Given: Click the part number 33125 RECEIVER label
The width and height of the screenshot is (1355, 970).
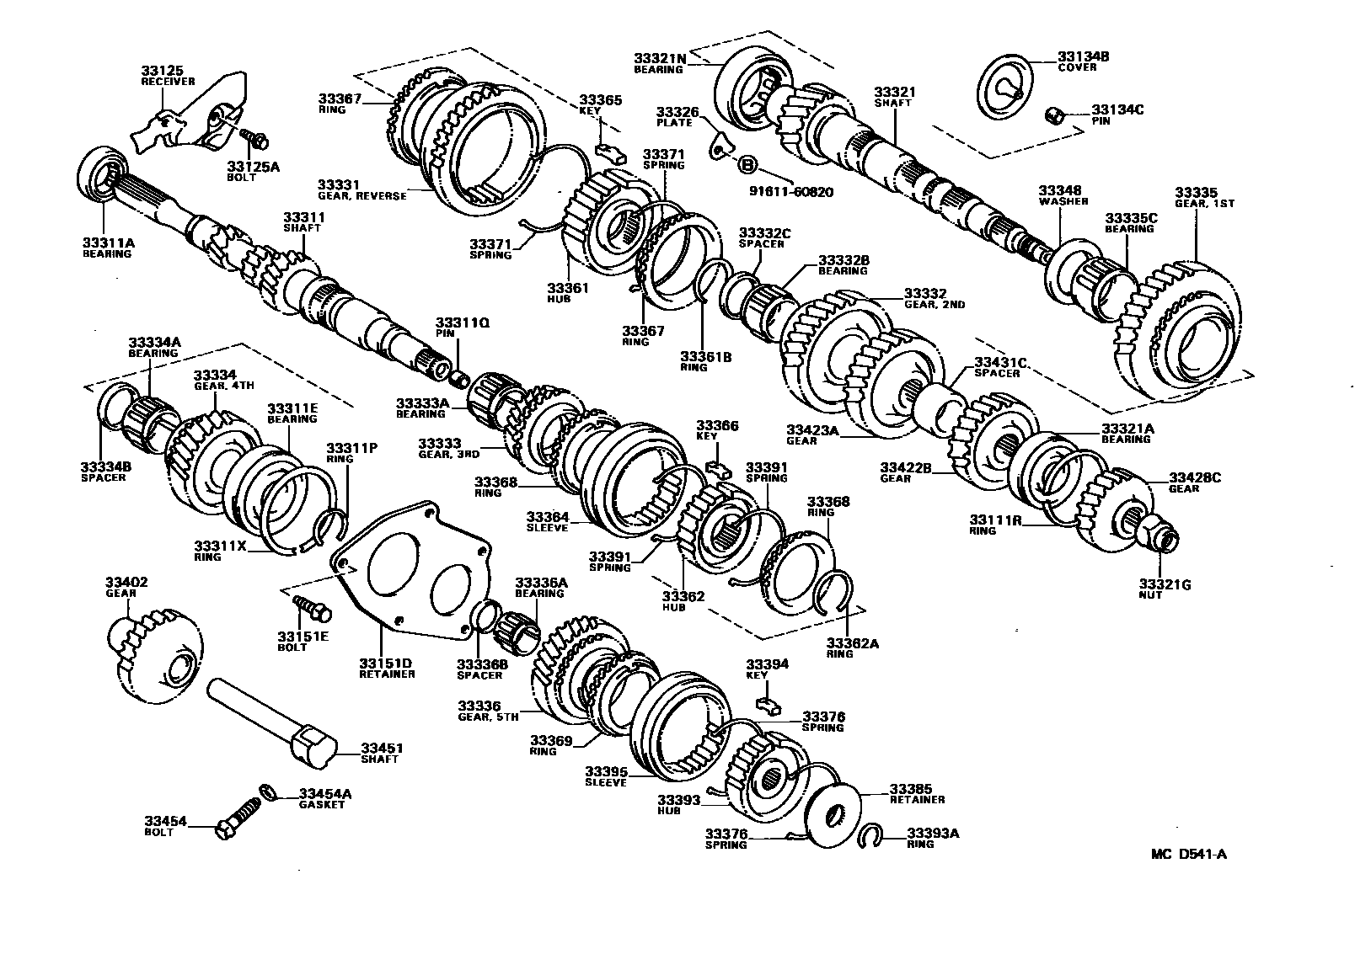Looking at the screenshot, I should pyautogui.click(x=167, y=76).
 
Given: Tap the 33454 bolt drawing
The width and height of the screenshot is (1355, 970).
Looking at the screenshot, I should pyautogui.click(x=237, y=819).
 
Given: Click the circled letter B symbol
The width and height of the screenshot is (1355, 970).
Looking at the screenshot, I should pyautogui.click(x=746, y=163).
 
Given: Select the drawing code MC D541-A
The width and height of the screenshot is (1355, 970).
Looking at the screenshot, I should pyautogui.click(x=1188, y=854).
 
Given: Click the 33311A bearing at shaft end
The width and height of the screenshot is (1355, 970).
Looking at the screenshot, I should pyautogui.click(x=102, y=174).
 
